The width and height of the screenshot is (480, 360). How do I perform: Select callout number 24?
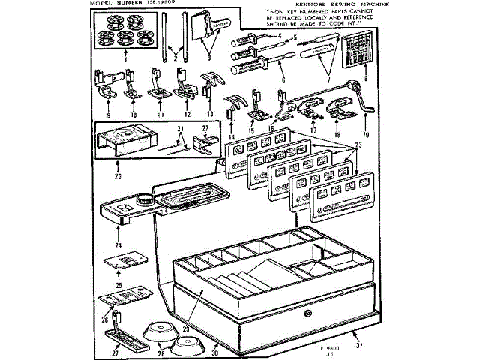(118, 245)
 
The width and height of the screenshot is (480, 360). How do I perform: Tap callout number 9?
(109, 115)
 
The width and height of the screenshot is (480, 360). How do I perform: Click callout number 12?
(187, 115)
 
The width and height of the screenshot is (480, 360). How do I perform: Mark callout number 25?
(118, 286)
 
